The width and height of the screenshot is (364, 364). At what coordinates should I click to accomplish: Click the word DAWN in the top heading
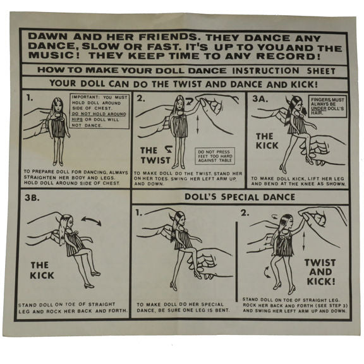48,37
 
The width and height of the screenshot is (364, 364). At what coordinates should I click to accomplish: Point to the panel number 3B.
32,198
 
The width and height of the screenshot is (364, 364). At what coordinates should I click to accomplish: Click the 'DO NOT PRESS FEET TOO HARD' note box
215,156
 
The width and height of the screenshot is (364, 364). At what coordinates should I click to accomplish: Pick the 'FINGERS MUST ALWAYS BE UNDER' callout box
327,106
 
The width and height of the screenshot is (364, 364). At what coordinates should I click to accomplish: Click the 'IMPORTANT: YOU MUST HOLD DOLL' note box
100,111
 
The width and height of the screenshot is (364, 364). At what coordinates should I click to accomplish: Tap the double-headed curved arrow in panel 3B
91,221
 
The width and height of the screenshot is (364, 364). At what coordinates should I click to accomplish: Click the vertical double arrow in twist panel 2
198,124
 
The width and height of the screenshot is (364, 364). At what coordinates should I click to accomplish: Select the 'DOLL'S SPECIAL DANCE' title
240,197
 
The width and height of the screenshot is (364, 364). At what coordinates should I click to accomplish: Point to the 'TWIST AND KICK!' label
320,272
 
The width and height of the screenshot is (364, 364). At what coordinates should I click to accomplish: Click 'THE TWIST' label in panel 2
155,155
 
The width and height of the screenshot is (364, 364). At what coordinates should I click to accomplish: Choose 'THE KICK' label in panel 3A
267,141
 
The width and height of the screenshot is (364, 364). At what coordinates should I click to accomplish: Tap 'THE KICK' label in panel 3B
42,270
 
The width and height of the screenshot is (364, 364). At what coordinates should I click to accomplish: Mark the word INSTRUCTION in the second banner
265,71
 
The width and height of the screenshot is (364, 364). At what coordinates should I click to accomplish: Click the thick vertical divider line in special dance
237,262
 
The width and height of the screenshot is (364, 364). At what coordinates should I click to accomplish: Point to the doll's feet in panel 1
58,163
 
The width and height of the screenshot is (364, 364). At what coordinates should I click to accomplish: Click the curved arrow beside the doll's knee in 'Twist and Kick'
267,272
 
